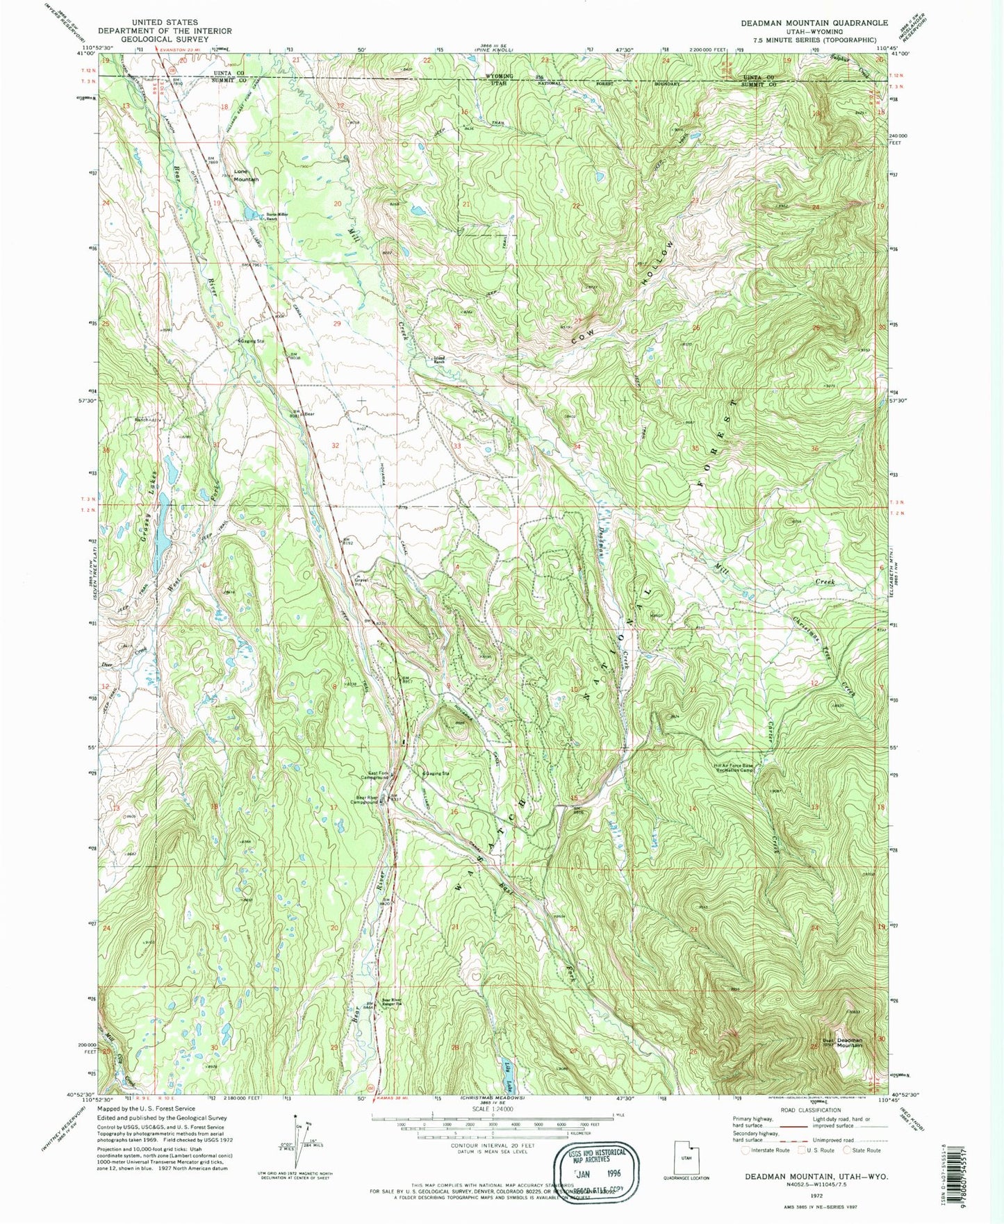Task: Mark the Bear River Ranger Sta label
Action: coord(393,1002)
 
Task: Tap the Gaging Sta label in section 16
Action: coord(437,773)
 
